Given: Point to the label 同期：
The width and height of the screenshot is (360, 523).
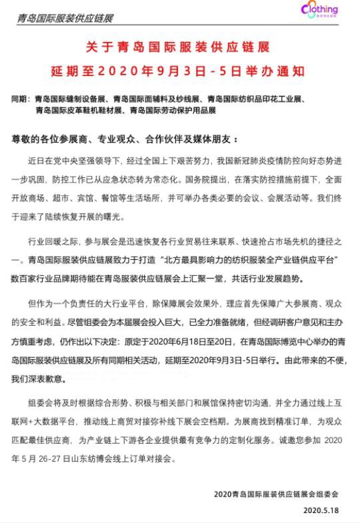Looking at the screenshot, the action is (x=21, y=99).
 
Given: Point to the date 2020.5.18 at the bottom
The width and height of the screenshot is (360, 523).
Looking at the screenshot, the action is (x=321, y=510).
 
